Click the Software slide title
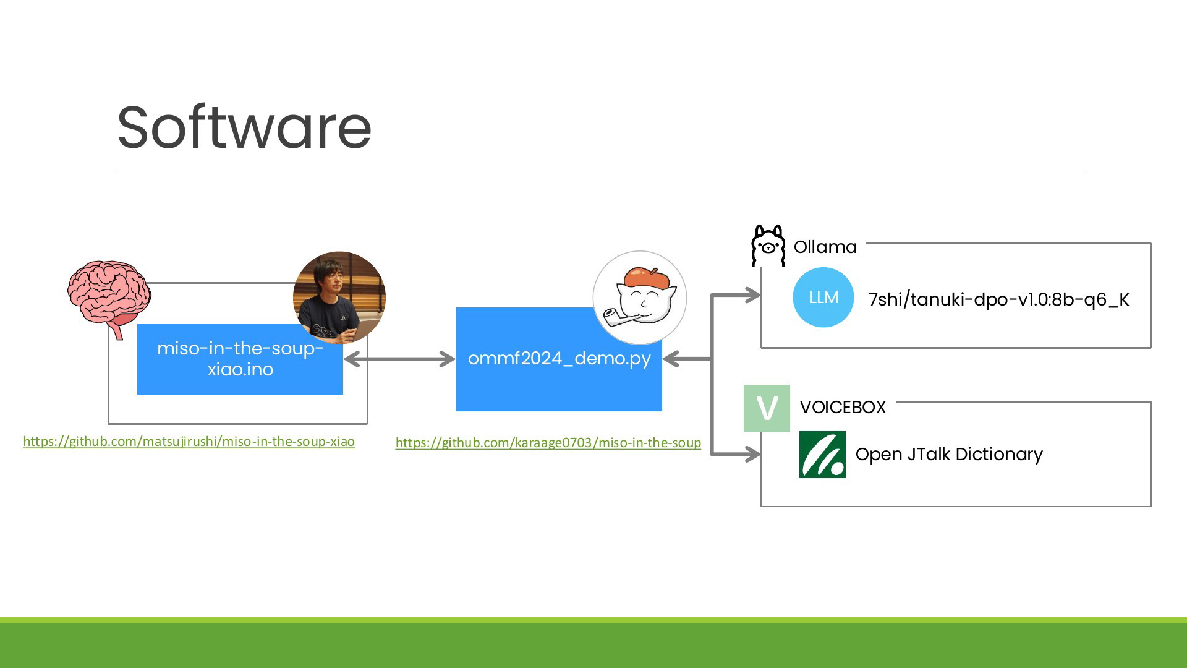click(x=244, y=127)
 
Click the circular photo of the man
click(x=339, y=298)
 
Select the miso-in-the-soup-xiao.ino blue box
click(x=240, y=359)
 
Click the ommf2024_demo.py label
click(x=559, y=358)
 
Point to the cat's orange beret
click(x=647, y=278)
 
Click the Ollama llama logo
click(x=768, y=246)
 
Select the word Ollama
click(x=825, y=247)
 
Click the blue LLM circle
click(x=823, y=298)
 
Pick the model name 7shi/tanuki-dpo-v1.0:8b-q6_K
click(x=998, y=299)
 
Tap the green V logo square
click(x=767, y=408)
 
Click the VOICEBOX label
click(x=843, y=407)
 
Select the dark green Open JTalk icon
click(x=822, y=455)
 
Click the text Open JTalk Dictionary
click(x=949, y=454)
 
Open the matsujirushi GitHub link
click(x=189, y=442)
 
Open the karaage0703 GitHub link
click(x=548, y=443)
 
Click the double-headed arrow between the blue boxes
click(x=399, y=359)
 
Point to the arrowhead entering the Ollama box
click(x=753, y=295)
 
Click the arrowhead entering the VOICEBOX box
click(x=753, y=455)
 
